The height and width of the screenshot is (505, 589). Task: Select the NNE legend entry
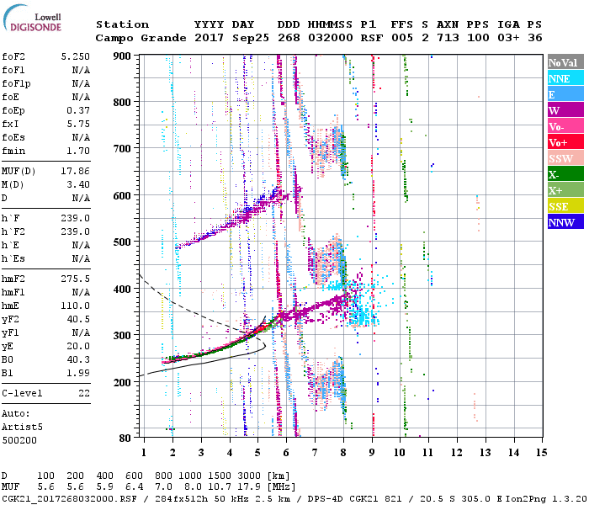[x=565, y=78]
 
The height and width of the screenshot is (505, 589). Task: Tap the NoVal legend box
[x=565, y=62]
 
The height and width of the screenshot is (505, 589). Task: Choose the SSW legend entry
[x=565, y=159]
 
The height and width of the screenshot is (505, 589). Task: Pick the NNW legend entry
[x=565, y=223]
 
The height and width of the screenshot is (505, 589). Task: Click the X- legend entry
[x=565, y=175]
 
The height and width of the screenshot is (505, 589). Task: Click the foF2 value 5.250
[x=75, y=56]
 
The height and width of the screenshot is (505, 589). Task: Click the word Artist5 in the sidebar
[x=22, y=427]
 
